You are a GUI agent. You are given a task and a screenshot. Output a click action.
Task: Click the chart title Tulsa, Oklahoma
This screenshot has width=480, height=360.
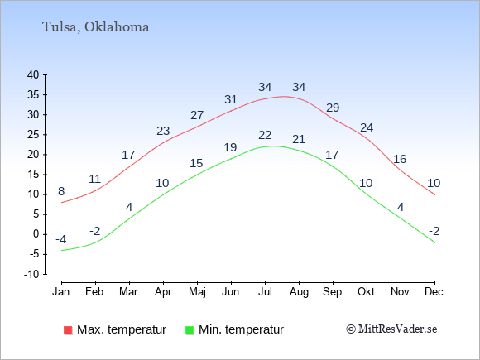pyautogui.click(x=95, y=27)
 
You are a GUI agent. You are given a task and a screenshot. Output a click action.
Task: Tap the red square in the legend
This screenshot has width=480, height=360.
pyautogui.click(x=68, y=330)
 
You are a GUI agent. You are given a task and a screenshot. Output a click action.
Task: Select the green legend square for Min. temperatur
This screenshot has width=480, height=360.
pyautogui.click(x=190, y=330)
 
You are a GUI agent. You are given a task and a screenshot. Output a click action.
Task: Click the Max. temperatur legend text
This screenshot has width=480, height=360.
pyautogui.click(x=122, y=329)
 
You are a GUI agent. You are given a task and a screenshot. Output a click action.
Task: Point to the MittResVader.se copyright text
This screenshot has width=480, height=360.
pyautogui.click(x=391, y=329)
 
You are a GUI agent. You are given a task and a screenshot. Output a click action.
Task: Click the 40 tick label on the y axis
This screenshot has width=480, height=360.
pyautogui.click(x=33, y=74)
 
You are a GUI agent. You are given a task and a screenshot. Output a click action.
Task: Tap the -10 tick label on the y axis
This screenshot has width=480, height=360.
pyautogui.click(x=31, y=274)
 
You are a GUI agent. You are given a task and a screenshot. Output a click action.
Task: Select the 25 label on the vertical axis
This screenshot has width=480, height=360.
pyautogui.click(x=33, y=134)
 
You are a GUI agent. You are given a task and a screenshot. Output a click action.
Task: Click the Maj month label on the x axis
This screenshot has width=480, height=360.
pyautogui.click(x=197, y=292)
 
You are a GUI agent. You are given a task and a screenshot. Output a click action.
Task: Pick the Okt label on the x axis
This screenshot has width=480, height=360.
pyautogui.click(x=366, y=292)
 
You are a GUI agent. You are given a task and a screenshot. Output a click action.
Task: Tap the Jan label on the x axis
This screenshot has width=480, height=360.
pyautogui.click(x=61, y=292)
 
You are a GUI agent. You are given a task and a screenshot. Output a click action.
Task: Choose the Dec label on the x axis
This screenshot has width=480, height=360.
pyautogui.click(x=434, y=292)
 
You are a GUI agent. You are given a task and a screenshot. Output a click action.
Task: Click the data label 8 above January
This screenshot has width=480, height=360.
pyautogui.click(x=61, y=192)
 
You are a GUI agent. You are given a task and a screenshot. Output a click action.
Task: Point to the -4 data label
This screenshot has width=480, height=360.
pyautogui.click(x=61, y=239)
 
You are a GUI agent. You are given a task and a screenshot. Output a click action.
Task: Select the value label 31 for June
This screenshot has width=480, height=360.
pyautogui.click(x=231, y=99)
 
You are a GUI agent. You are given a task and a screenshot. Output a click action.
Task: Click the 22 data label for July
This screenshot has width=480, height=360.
pyautogui.click(x=265, y=135)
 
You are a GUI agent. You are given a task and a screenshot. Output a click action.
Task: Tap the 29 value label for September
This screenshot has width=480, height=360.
pyautogui.click(x=333, y=108)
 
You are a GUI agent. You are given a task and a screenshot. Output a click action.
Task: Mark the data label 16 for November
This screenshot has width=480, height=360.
pyautogui.click(x=400, y=159)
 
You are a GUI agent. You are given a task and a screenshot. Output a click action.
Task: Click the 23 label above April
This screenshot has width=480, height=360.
pyautogui.click(x=163, y=131)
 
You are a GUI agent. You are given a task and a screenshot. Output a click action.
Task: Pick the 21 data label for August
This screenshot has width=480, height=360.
pyautogui.click(x=299, y=139)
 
